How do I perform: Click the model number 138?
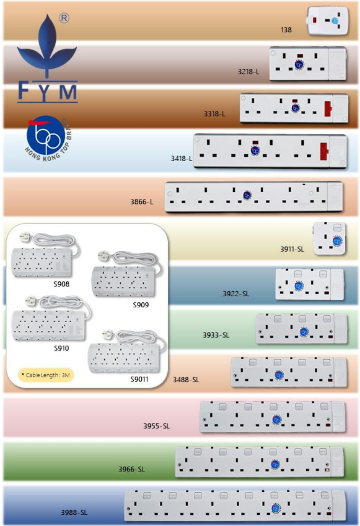coord(286,30)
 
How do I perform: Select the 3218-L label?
coord(248,71)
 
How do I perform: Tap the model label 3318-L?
coord(214,114)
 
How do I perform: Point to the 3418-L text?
coord(182,159)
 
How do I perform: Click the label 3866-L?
coord(142,201)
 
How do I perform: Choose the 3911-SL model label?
coord(292,249)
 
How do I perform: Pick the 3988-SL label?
coord(74,512)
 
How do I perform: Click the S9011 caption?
coord(139,379)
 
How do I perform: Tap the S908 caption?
coord(61,284)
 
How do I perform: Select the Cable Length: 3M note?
coord(46,375)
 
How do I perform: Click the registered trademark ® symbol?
coord(64,18)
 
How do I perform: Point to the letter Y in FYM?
coord(46,92)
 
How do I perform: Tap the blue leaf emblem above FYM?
coord(47,45)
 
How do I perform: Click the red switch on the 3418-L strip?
coord(324,151)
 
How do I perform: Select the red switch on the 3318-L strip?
coord(328,108)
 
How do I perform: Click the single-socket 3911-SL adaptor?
coord(329,238)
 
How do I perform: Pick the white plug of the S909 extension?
coord(103,256)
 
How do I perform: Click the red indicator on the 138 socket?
coord(315,20)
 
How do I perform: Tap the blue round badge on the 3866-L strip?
coord(247,195)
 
